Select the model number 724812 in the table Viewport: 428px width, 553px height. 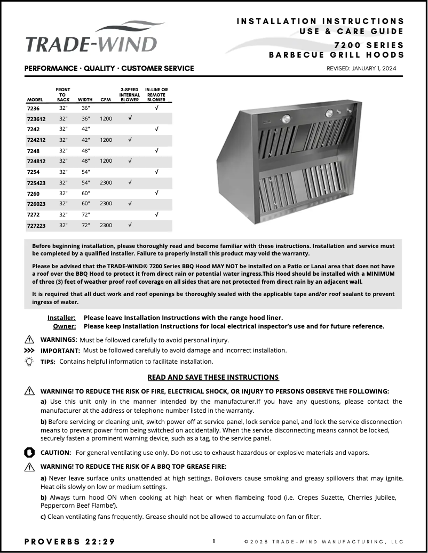click(36, 161)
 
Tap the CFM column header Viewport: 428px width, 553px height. click(106, 100)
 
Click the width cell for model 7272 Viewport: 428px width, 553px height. click(84, 214)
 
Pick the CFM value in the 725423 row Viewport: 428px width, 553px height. click(106, 182)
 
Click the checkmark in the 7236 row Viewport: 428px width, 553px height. click(156, 107)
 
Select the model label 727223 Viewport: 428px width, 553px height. click(36, 226)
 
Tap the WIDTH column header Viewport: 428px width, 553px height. click(85, 100)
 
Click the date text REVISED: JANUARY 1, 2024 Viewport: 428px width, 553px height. click(361, 69)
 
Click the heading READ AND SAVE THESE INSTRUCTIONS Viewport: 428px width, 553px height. click(213, 377)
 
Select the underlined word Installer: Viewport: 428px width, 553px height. click(61, 317)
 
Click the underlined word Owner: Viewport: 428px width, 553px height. click(64, 326)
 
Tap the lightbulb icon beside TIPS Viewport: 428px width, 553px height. click(29, 361)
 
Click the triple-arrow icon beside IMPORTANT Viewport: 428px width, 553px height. click(29, 350)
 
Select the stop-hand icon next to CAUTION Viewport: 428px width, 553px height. click(29, 452)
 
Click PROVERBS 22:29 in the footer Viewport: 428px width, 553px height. click(69, 541)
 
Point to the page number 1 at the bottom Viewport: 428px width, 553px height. click(214, 541)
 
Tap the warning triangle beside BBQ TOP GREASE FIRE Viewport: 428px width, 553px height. click(29, 466)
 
